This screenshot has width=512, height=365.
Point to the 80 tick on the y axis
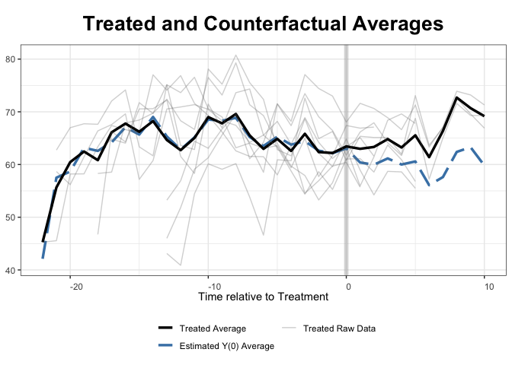(x=11, y=59)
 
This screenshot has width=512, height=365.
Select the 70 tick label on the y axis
(x=11, y=112)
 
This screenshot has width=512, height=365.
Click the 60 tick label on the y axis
(x=11, y=165)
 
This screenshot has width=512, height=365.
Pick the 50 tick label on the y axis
(x=11, y=217)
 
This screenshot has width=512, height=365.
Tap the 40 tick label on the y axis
(x=11, y=271)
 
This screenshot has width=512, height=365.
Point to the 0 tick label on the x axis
(x=348, y=286)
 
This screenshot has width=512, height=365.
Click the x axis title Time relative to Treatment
(x=263, y=297)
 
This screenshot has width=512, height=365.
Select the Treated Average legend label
(x=213, y=329)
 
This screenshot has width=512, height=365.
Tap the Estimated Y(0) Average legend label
(x=226, y=346)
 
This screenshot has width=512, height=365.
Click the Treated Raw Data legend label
(x=339, y=329)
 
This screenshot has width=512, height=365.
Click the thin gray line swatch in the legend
(x=289, y=328)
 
